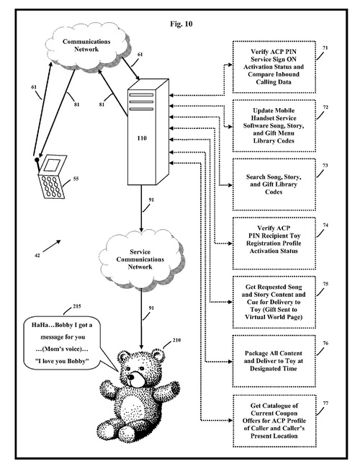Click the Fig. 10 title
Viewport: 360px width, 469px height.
coord(181,24)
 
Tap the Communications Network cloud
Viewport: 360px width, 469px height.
coord(87,46)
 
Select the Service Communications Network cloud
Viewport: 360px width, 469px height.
coord(140,259)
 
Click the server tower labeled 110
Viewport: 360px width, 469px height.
coord(148,132)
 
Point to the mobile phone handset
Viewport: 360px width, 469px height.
coord(51,177)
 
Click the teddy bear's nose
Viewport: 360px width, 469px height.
coord(130,378)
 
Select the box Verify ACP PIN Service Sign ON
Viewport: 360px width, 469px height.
coord(274,67)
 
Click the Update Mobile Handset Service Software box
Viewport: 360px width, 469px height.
coord(274,125)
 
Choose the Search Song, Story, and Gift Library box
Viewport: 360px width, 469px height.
coord(274,184)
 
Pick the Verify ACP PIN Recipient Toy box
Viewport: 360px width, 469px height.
coord(274,244)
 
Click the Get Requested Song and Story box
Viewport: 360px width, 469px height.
coord(274,302)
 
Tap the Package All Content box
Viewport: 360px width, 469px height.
coord(274,361)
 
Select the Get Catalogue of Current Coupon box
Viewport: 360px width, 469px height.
coord(274,421)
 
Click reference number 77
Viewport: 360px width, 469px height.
coord(325,403)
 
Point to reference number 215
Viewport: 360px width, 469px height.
coord(77,307)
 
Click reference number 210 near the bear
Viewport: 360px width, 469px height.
coord(176,340)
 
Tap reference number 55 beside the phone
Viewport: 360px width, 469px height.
coord(76,179)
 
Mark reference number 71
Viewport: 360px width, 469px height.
coord(325,48)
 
